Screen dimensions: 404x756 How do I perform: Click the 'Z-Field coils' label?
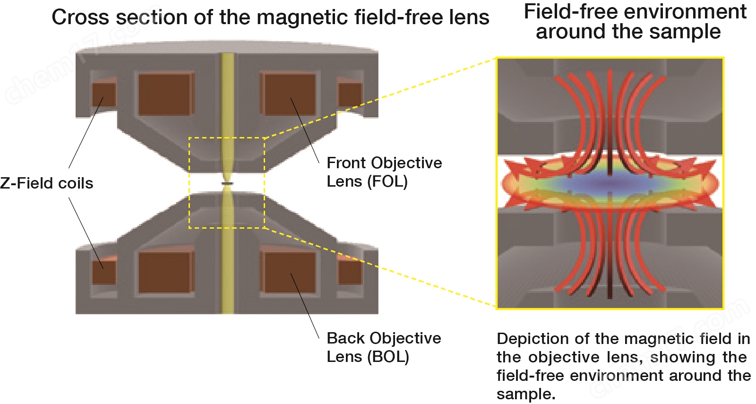pyautogui.click(x=46, y=183)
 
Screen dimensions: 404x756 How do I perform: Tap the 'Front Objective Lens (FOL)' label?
pyautogui.click(x=384, y=172)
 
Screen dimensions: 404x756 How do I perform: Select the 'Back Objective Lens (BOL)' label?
pyautogui.click(x=384, y=347)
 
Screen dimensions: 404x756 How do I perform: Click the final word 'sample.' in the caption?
pyautogui.click(x=526, y=394)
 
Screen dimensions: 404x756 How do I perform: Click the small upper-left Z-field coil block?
pyautogui.click(x=103, y=95)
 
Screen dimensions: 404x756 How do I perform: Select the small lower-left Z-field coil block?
pyautogui.click(x=104, y=272)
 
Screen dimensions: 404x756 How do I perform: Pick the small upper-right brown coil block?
pyautogui.click(x=350, y=95)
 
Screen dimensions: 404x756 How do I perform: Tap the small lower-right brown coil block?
pyautogui.click(x=350, y=272)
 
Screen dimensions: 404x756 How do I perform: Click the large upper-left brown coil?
pyautogui.click(x=165, y=94)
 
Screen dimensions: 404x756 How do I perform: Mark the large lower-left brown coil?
pyautogui.click(x=165, y=272)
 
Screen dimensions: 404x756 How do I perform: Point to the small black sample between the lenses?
pyautogui.click(x=227, y=183)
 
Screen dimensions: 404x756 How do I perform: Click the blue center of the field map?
pyautogui.click(x=610, y=182)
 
